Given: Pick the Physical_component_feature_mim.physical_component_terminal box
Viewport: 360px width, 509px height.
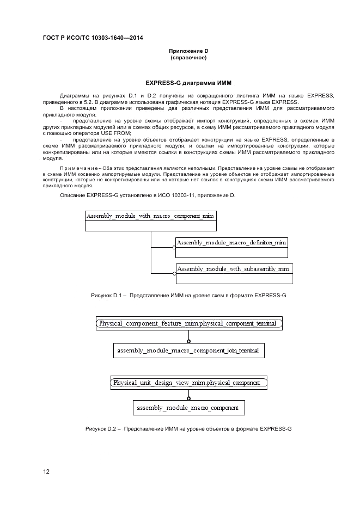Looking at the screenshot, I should (x=189, y=323).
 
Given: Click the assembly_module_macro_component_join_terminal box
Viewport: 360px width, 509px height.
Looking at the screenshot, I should (x=188, y=350).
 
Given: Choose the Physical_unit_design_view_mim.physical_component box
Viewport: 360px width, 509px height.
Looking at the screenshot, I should (x=188, y=382).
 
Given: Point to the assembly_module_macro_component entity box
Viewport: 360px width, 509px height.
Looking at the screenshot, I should (x=188, y=408).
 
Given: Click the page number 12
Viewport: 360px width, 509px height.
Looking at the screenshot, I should (x=46, y=471).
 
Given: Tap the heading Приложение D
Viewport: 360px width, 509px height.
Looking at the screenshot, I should (x=188, y=51).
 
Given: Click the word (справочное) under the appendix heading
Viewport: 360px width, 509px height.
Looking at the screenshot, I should (x=188, y=58).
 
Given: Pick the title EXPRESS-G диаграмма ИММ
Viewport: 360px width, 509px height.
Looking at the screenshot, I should (x=188, y=83).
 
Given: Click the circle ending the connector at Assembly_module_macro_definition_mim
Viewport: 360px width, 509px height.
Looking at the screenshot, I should (x=174, y=248).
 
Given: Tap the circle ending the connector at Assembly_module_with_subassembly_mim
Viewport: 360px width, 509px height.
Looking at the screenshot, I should (x=174, y=274).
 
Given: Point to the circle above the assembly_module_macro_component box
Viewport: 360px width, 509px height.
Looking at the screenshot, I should (x=188, y=398).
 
